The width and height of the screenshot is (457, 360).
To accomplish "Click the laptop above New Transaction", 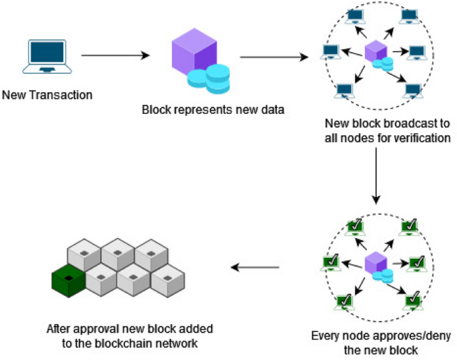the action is pos(47,57).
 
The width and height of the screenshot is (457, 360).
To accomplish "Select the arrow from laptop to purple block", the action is pos(115,55).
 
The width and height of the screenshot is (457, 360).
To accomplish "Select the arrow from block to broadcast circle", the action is pos(274,57).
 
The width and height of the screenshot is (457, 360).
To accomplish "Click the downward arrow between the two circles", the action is pos(376,176).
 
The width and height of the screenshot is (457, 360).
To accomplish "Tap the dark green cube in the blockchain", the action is pos(69,281).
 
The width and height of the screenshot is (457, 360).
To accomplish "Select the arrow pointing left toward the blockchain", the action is pos(255,267).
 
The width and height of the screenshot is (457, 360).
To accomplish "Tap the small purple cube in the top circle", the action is pos(376,51).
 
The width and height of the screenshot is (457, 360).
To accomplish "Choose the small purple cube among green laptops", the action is pos(376,263).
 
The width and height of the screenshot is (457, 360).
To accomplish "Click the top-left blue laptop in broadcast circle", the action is pos(356,16).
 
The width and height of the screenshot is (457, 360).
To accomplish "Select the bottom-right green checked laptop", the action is pos(413,301).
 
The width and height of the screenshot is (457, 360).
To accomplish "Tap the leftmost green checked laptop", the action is pos(331,263).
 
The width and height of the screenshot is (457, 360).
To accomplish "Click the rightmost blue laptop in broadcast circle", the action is pos(417,53).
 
